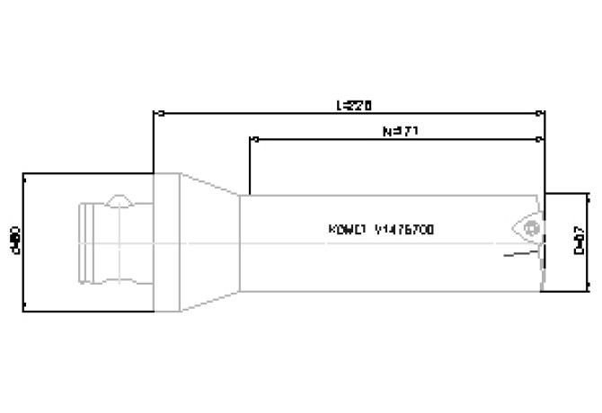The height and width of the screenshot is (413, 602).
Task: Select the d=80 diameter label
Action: pyautogui.click(x=15, y=241)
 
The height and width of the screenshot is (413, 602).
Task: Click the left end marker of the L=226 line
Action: pyautogui.click(x=159, y=114)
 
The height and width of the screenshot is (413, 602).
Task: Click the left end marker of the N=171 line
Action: pyautogui.click(x=254, y=140)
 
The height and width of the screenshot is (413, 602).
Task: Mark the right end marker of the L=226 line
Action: pyautogui.click(x=540, y=114)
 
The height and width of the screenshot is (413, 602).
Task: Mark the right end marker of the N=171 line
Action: pyautogui.click(x=540, y=140)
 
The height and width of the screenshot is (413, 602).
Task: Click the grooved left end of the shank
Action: pyautogui.click(x=86, y=242)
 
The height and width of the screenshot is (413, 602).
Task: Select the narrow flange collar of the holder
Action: pyautogui.click(x=167, y=242)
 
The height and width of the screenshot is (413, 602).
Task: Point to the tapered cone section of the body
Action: pyautogui.click(x=212, y=242)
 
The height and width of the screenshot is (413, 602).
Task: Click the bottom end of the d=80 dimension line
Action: pyautogui.click(x=24, y=311)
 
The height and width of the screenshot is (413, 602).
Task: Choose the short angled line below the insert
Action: pyautogui.click(x=520, y=257)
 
